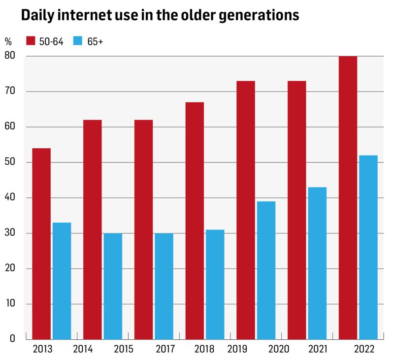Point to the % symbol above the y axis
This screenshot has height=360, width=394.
8,40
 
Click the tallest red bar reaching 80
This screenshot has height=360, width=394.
348,197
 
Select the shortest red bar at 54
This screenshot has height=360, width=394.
41,244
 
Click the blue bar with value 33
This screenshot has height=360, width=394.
62,281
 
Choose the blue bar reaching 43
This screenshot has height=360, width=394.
317,263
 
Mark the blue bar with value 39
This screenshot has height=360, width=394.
265,270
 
